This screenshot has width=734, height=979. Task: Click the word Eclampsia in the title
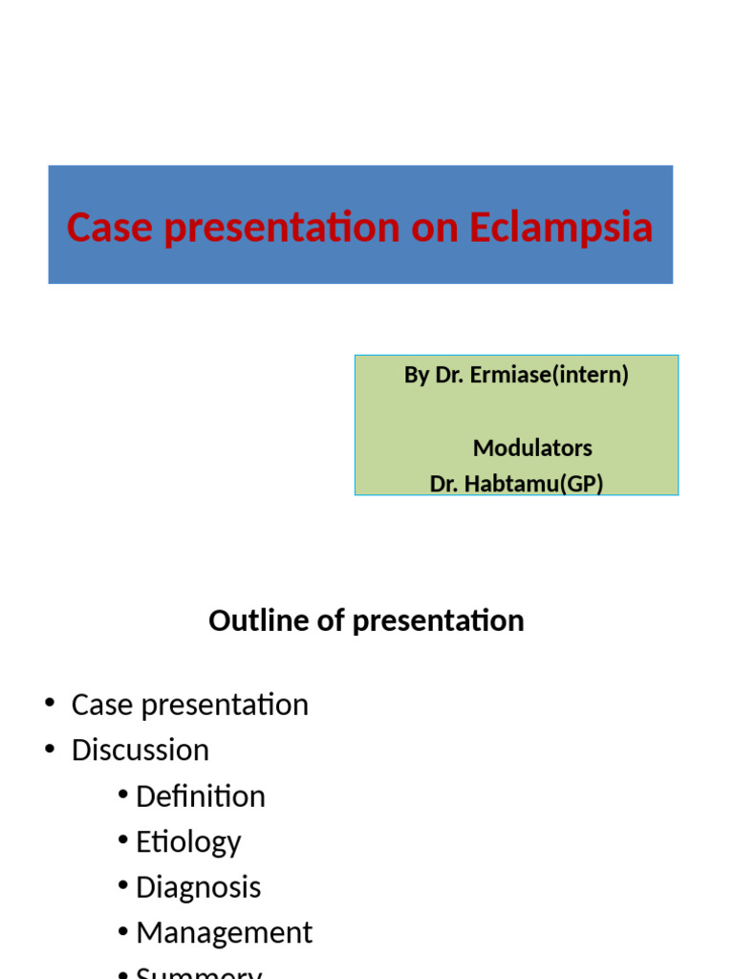560,228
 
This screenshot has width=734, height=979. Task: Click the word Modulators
532,447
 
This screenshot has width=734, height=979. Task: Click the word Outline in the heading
255,620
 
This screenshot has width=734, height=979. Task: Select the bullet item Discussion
140,751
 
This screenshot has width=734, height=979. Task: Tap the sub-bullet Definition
201,796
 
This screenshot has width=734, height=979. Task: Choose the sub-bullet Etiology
188,842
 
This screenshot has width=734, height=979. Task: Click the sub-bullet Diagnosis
198,887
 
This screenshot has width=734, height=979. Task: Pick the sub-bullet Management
224,932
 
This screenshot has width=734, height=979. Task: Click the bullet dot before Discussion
50,751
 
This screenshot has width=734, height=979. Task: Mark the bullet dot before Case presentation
50,705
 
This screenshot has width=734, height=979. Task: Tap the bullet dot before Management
123,932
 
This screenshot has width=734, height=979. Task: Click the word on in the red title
433,228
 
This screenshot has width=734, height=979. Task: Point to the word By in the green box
417,375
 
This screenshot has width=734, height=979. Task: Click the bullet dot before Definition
123,796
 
